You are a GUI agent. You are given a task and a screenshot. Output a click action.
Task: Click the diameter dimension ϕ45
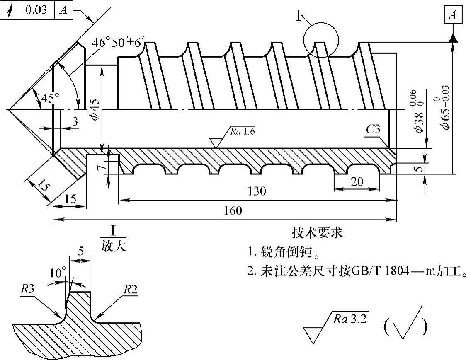click(95, 109)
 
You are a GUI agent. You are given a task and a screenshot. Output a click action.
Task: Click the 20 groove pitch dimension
click(357, 182)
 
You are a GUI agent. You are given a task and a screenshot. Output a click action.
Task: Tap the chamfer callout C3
click(373, 130)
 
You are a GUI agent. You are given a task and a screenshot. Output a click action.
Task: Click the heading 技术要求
click(318, 233)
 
